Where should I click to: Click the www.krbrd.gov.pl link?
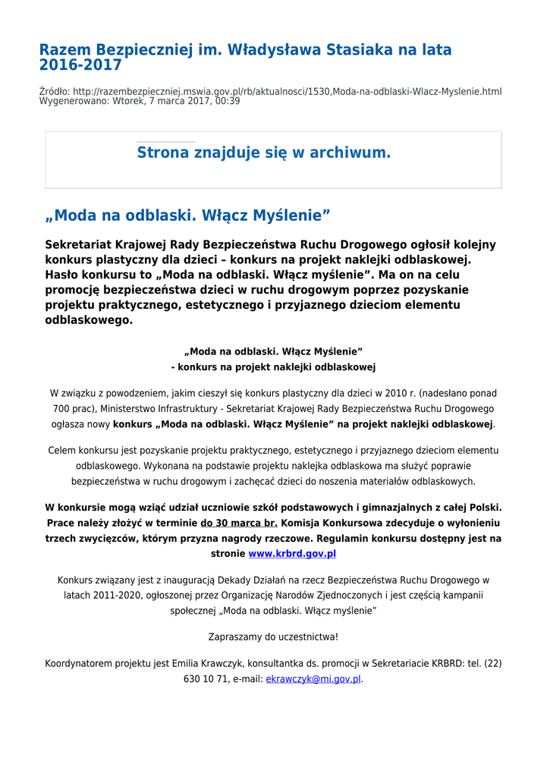point(292,554)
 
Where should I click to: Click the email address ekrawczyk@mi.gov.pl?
point(313,679)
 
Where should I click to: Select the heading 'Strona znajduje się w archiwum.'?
point(263,153)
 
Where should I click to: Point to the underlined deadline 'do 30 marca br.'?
point(238,523)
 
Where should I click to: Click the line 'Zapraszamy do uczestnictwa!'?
point(273,637)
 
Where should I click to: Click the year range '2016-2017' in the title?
point(80,65)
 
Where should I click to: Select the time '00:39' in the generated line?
point(228,101)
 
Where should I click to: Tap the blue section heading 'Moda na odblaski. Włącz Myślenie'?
point(188,215)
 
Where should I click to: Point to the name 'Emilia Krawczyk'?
point(207,663)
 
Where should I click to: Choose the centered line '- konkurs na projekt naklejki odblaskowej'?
point(273,366)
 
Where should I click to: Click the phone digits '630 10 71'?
point(206,679)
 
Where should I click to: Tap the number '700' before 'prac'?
point(61,409)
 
